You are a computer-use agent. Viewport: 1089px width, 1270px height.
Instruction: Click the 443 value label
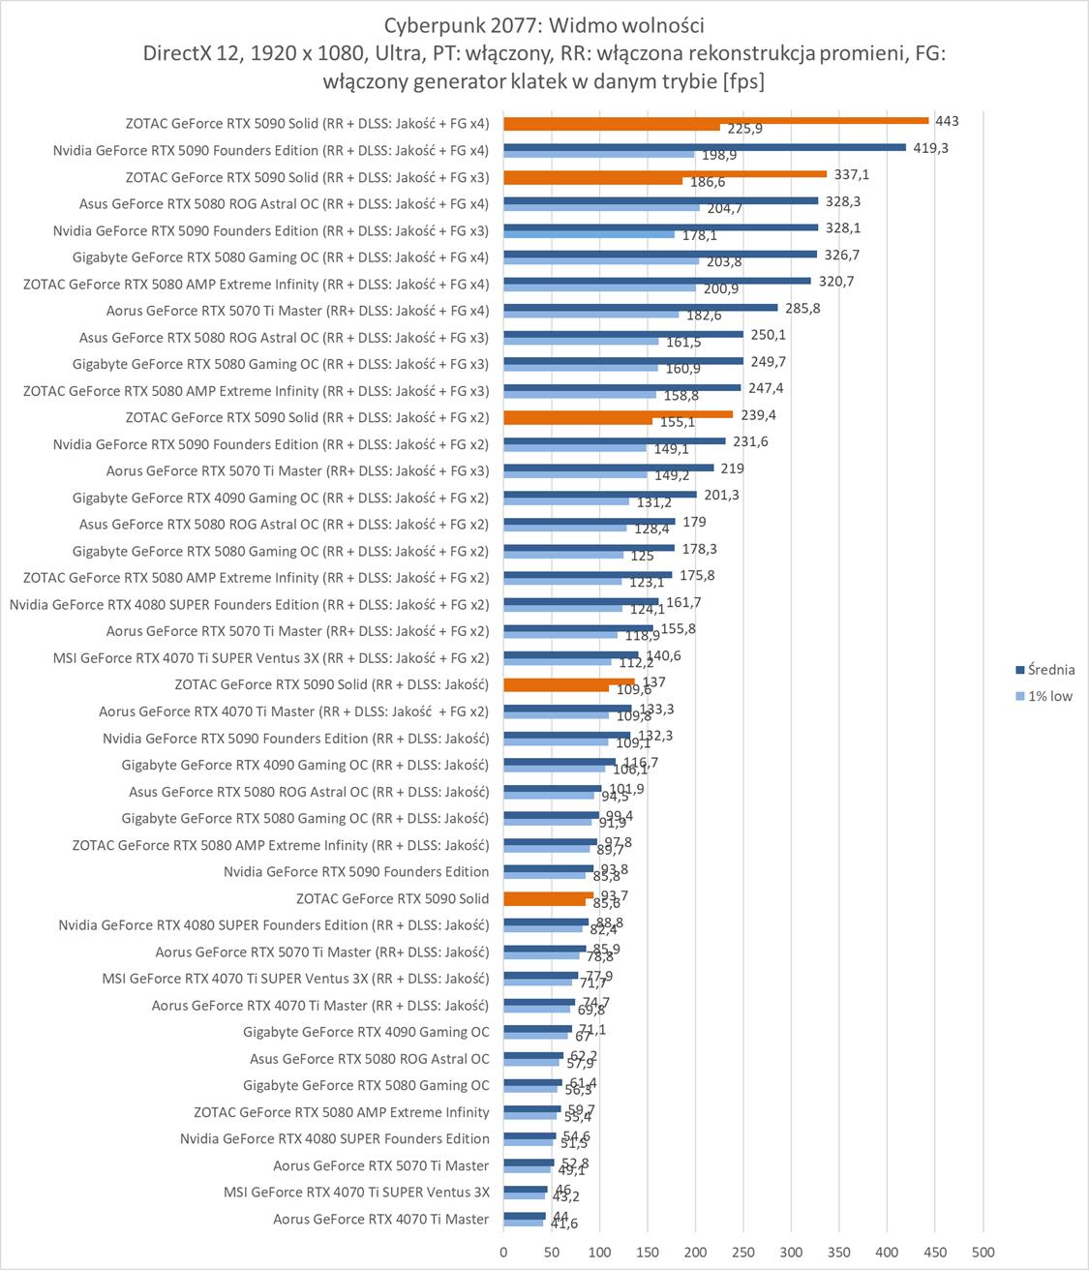coord(947,121)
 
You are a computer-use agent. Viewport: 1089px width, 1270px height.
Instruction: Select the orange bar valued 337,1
coord(665,174)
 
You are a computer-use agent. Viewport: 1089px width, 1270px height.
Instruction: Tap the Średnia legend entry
coord(1050,670)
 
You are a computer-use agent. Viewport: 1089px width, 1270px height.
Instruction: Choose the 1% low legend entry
coord(1049,696)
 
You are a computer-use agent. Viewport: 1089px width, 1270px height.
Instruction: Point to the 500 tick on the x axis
coord(983,1253)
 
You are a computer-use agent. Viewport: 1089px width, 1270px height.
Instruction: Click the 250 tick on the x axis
coord(742,1253)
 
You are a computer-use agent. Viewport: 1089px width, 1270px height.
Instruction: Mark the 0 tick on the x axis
coord(503,1253)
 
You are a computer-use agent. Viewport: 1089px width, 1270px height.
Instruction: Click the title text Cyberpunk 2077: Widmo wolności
coord(543,25)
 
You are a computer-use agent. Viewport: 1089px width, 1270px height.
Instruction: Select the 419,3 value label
coord(929,148)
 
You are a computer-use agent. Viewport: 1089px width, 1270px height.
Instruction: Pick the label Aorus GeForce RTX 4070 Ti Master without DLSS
coord(380,1219)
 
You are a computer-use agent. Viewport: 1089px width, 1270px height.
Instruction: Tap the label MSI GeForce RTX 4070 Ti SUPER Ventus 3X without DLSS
coord(356,1193)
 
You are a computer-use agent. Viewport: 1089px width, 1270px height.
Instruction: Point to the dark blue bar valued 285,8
coord(641,308)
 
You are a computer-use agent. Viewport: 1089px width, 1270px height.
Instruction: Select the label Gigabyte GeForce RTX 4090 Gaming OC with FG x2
coord(281,498)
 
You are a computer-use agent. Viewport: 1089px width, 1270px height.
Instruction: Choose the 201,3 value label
coord(720,495)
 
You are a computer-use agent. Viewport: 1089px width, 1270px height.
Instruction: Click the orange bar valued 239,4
coord(618,414)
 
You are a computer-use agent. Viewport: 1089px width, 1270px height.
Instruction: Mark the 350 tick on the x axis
coord(838,1253)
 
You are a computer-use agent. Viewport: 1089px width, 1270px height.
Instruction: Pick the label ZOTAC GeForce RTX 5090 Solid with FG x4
coord(307,124)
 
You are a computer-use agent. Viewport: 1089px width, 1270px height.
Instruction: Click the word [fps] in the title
coord(743,81)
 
